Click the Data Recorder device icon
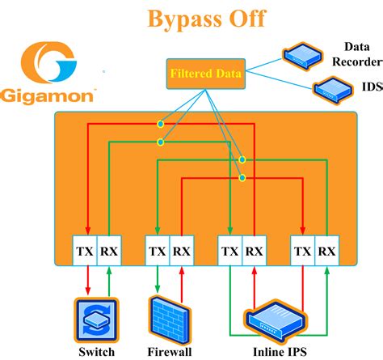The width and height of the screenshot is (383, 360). (x=302, y=54)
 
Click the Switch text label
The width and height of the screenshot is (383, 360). (x=96, y=352)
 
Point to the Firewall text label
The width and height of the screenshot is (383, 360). (x=169, y=352)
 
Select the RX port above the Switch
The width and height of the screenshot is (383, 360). (x=108, y=252)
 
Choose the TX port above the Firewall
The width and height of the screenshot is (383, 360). (x=158, y=252)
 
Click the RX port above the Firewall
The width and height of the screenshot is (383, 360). (x=182, y=252)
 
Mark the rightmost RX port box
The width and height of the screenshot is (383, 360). (x=327, y=252)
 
